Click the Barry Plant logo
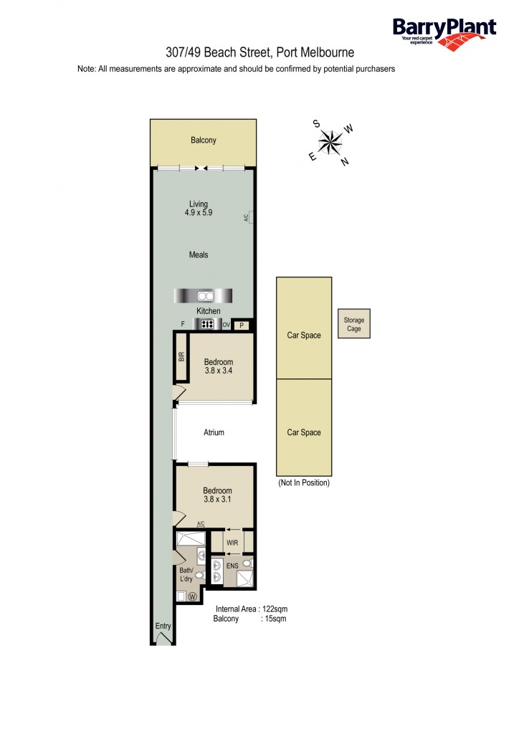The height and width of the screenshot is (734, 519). point(444,32)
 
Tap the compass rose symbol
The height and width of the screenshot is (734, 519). point(330,142)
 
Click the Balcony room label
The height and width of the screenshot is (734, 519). point(203,140)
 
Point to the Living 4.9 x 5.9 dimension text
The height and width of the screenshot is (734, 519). point(199,213)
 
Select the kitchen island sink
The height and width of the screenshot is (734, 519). point(205,295)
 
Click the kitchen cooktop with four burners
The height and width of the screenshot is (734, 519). point(208,324)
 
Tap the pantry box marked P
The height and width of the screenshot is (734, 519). point(242,325)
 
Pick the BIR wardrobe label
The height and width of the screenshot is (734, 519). point(181,356)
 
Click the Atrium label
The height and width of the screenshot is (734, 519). point(214,432)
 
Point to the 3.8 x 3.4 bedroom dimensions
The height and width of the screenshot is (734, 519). point(218,372)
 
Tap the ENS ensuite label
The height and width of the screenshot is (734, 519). point(232,566)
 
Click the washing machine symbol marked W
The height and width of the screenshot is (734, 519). point(193,596)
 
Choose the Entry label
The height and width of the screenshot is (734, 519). point(163,626)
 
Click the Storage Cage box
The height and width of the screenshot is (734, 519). point(354,325)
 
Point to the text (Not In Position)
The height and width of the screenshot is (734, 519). point(303,483)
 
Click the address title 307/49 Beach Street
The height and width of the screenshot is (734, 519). point(259,52)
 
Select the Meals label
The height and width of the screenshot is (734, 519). point(199,255)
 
